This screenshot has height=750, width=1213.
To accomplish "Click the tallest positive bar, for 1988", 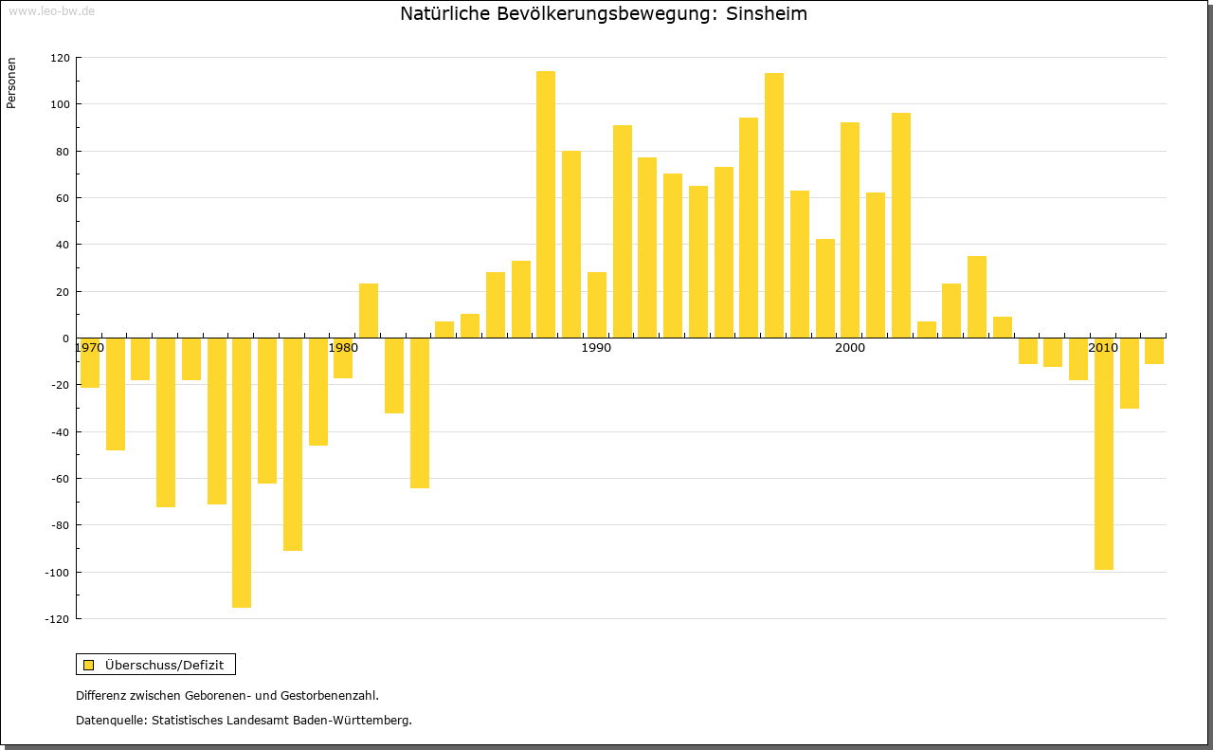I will click(x=546, y=204).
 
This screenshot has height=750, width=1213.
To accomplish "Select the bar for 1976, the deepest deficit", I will click(x=242, y=472).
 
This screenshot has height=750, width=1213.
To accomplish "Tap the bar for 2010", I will click(x=1104, y=453).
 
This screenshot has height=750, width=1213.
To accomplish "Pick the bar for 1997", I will click(x=774, y=205).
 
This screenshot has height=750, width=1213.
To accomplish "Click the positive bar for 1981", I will click(x=369, y=310).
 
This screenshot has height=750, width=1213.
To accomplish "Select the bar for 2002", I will click(x=901, y=225).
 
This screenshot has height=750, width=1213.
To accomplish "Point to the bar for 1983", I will click(x=420, y=412).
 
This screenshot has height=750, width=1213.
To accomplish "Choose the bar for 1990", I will click(x=597, y=304).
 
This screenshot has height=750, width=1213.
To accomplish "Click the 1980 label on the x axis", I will click(x=343, y=348).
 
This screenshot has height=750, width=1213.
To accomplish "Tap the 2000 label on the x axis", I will click(x=850, y=348).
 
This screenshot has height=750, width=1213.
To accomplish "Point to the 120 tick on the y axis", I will click(x=60, y=58).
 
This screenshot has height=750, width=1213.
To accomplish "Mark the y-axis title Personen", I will click(x=11, y=82).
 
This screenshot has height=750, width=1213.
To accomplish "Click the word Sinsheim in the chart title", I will click(x=767, y=14).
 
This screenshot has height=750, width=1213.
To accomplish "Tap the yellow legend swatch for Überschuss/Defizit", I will click(x=89, y=665).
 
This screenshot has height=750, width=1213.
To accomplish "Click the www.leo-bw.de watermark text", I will click(x=51, y=10).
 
